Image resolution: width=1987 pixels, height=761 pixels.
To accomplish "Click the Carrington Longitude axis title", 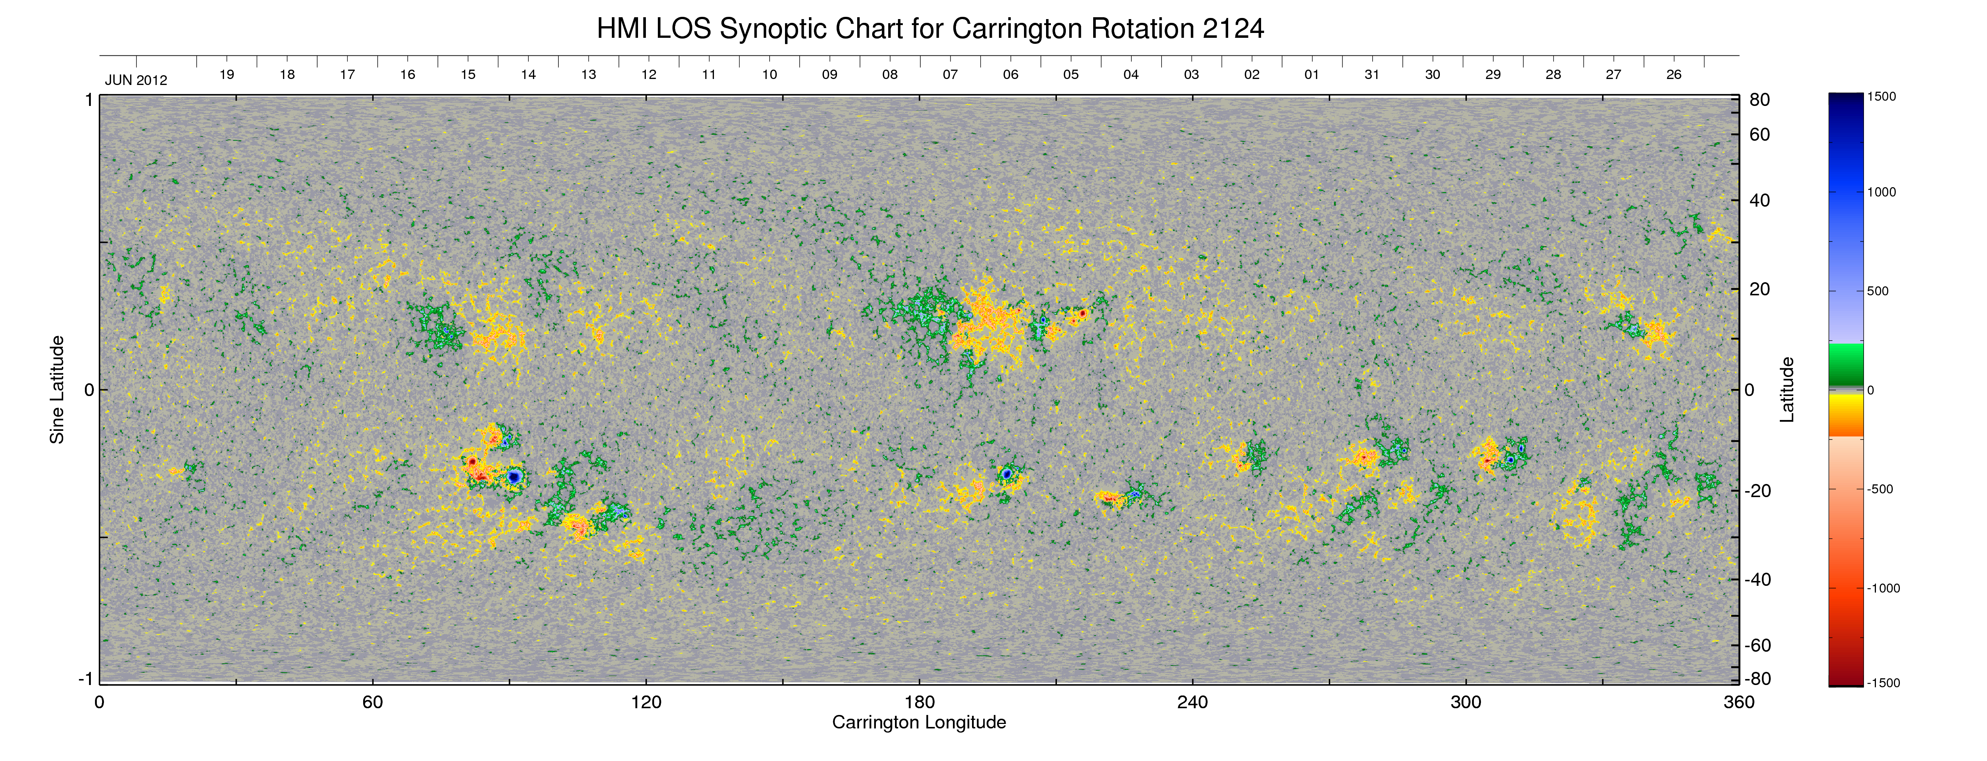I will point(919,722).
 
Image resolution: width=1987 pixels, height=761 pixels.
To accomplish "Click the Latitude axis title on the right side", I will point(1787,390).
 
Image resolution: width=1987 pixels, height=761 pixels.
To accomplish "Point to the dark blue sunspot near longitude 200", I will point(1007,473).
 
